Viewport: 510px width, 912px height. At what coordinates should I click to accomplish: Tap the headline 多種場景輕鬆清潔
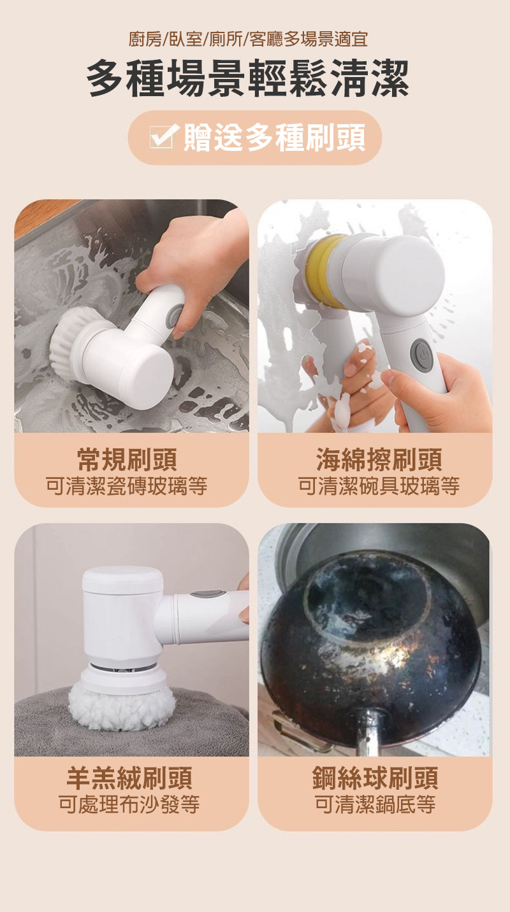[x=248, y=78]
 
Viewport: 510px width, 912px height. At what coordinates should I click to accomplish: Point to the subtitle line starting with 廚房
[x=248, y=39]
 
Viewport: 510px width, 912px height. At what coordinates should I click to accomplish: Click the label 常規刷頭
[x=127, y=460]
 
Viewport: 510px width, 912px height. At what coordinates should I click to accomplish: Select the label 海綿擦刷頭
[x=379, y=460]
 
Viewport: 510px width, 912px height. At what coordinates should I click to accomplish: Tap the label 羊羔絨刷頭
[x=129, y=778]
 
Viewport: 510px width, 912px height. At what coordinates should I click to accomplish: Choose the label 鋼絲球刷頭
[x=375, y=778]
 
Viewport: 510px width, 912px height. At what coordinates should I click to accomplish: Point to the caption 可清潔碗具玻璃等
[x=379, y=486]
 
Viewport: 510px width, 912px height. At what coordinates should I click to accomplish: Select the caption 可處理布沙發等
[x=129, y=804]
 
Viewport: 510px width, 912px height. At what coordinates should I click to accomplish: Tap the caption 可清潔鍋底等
[x=375, y=804]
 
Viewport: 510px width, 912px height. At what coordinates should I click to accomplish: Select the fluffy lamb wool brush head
[x=122, y=706]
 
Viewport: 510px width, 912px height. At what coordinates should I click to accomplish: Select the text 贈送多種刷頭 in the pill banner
[x=274, y=137]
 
